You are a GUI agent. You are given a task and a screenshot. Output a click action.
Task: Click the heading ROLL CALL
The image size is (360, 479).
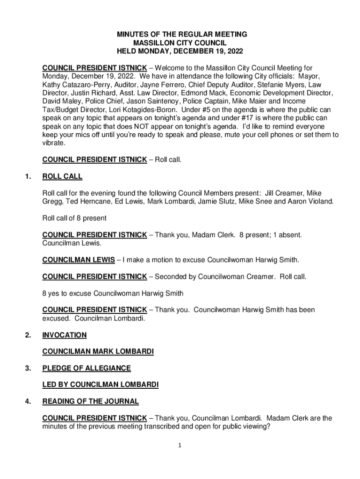[62, 177]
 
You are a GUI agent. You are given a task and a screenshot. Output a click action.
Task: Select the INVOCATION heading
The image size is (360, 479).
[65, 335]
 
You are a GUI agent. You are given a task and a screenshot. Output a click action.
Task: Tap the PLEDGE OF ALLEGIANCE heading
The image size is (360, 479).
[86, 368]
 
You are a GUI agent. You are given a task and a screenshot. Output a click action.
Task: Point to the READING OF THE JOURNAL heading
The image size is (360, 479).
[91, 401]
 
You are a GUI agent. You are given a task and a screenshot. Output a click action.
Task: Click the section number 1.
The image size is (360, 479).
[29, 177]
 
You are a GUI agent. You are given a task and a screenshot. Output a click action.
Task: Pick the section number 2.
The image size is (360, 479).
[29, 335]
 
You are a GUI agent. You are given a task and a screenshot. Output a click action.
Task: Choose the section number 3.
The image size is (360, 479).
[29, 368]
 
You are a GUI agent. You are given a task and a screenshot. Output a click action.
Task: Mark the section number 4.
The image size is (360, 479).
[29, 401]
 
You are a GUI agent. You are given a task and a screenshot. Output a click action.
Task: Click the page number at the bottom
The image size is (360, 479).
[180, 445]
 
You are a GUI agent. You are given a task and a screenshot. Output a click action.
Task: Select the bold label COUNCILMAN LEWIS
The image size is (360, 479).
[78, 260]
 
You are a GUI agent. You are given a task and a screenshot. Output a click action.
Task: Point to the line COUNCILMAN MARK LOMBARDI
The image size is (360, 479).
[98, 351]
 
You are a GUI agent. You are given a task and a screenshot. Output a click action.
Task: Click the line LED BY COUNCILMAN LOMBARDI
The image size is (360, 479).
[100, 385]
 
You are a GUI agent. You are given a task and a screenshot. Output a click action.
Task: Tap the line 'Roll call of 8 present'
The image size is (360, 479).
[74, 218]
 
